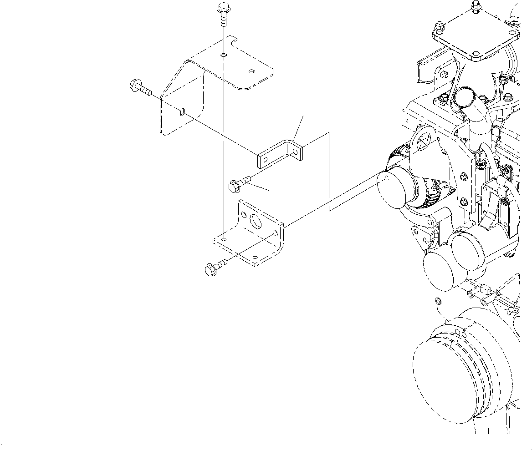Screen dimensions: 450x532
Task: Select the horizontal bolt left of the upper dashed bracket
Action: (140, 87)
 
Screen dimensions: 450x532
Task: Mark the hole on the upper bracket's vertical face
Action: (182, 111)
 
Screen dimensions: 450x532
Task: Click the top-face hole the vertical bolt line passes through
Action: (223, 55)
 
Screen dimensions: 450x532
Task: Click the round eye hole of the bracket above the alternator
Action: (423, 143)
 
